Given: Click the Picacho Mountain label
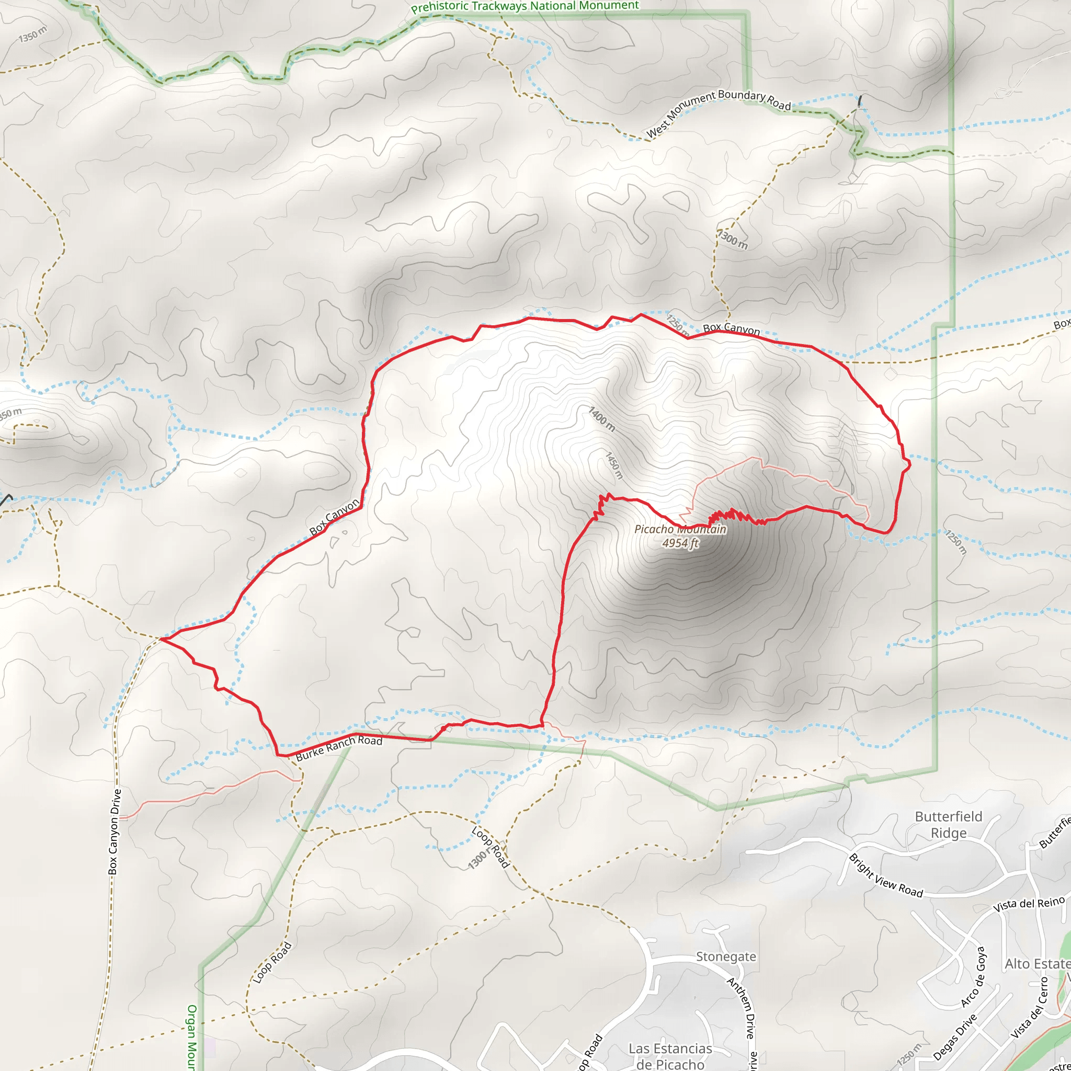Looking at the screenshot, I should (680, 529).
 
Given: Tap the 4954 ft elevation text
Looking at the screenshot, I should (680, 543).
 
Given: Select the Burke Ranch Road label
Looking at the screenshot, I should (339, 748).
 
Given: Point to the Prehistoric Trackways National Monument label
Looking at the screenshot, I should (525, 7).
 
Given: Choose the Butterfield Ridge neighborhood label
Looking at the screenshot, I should (949, 825).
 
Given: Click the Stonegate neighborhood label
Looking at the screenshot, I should (726, 957).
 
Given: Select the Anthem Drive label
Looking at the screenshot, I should (741, 1008).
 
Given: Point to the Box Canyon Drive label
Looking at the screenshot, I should (114, 832).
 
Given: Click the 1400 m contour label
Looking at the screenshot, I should (602, 419).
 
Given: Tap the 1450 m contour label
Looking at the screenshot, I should (613, 465).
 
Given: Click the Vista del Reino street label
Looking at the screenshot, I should (1029, 904).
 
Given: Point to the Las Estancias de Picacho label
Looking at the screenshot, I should (670, 1056).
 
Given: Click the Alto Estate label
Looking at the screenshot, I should (1036, 964).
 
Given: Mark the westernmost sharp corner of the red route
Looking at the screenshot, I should (161, 639).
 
